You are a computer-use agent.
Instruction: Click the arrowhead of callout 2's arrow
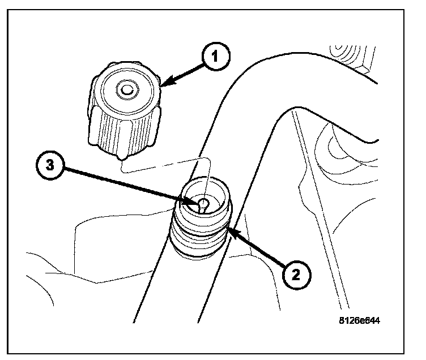point(230,229)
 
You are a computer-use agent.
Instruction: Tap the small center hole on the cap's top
point(126,88)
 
